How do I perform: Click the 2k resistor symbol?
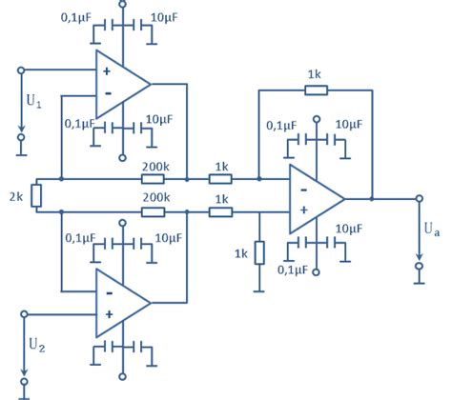36,195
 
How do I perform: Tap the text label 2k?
13,196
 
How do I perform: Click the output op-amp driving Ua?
315,199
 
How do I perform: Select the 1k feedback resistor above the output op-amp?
316,90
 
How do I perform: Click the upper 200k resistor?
155,178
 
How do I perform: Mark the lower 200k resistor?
155,211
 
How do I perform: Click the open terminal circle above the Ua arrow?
418,199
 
